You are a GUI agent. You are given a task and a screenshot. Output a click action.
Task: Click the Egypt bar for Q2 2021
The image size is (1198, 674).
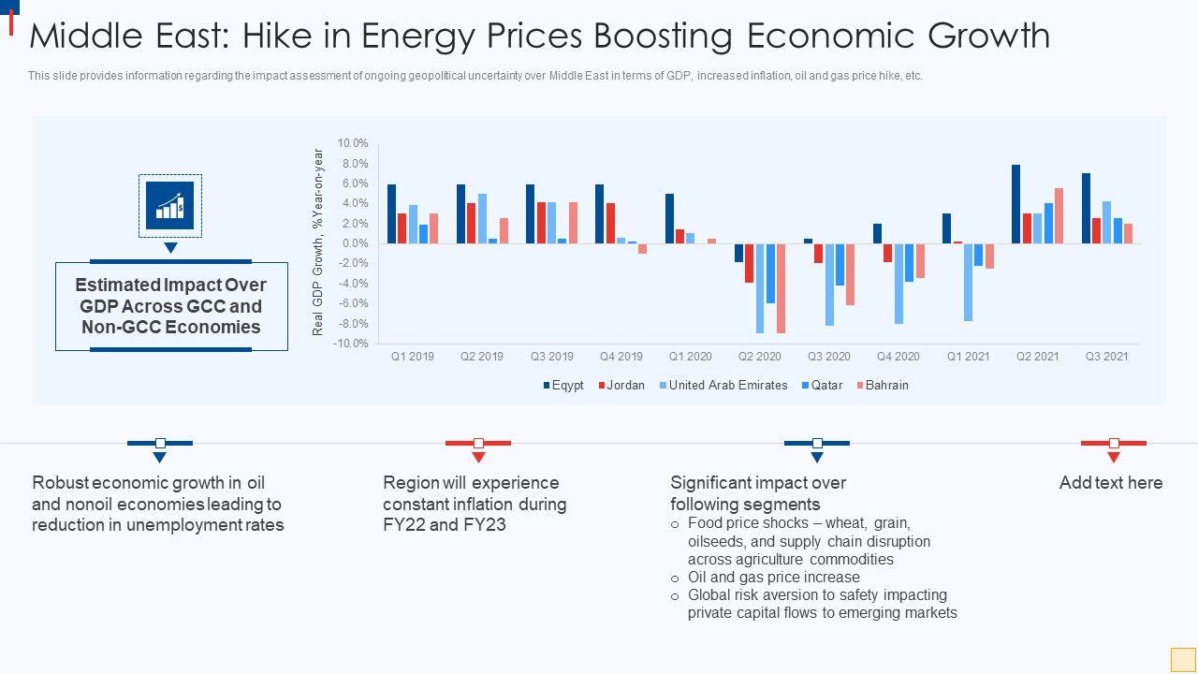1016,204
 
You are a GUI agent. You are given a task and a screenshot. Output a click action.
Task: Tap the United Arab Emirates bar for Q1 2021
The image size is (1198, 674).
969,282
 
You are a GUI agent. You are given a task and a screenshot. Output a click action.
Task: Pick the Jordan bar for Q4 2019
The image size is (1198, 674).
610,224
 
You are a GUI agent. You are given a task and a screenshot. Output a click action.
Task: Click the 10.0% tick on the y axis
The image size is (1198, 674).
353,143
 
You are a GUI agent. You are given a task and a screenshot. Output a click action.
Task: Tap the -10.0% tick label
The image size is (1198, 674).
351,344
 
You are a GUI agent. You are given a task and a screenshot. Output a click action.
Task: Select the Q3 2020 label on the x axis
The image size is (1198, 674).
829,357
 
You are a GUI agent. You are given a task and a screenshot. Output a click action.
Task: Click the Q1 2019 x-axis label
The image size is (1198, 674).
413,357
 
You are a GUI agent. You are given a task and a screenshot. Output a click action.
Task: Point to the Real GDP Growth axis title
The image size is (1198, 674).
318,242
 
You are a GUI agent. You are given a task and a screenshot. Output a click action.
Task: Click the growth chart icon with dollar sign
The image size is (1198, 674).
170,206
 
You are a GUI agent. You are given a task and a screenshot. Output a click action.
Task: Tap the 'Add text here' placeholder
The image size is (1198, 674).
1111,483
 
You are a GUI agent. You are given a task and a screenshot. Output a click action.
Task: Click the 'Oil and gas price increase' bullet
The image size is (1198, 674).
773,578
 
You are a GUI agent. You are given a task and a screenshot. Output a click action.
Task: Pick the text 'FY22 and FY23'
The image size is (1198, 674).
445,524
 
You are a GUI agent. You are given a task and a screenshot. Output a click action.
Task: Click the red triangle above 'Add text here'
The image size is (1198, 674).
1114,458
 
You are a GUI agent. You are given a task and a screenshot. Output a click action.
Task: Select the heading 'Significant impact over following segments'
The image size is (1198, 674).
758,493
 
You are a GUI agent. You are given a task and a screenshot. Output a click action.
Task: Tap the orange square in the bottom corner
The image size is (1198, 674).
1183,659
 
